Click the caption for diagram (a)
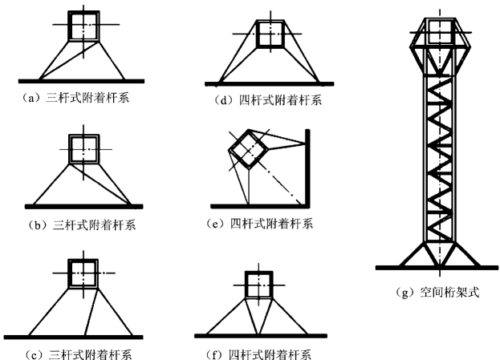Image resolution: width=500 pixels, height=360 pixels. pos(79,99)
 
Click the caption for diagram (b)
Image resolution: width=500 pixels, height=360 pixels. pos(83,224)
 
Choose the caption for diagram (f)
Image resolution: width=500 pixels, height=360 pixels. pos(259,354)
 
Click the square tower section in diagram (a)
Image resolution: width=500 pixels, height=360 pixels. pos(82,26)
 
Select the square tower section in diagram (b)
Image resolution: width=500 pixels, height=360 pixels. pos(83,150)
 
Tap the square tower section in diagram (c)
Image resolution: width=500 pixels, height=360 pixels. pos(83,274)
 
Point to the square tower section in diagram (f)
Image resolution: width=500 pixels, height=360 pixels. pos(257,285)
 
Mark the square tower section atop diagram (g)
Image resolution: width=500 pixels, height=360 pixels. pos(441,30)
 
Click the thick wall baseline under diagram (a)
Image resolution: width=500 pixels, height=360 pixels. pos(81,80)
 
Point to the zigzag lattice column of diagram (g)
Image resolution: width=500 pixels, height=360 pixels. pos(441,152)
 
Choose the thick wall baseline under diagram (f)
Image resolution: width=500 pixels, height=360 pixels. pos(257,335)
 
